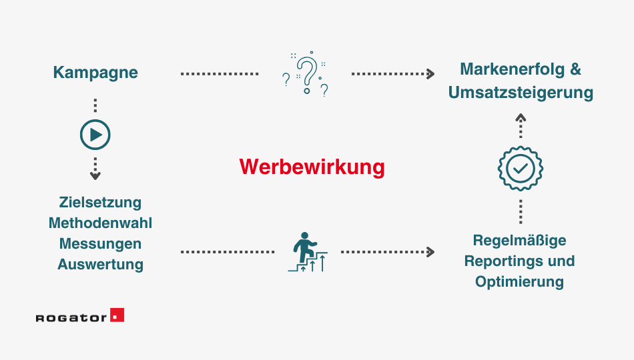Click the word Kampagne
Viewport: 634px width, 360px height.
(95, 73)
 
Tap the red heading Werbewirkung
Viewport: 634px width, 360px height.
(312, 167)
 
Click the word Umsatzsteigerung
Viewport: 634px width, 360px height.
(521, 92)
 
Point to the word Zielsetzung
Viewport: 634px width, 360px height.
(100, 202)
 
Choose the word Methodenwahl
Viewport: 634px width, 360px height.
(100, 223)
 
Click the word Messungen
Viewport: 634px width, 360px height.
(100, 243)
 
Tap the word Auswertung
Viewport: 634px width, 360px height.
(100, 264)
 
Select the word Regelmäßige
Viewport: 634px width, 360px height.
(519, 240)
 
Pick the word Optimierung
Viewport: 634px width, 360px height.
(519, 281)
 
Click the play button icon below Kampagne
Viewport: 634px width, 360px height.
(95, 135)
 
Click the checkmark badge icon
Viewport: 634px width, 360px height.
(521, 169)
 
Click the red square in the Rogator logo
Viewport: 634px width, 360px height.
(117, 315)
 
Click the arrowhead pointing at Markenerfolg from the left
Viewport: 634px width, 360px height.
(431, 73)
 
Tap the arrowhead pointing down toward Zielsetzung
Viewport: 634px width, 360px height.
(95, 176)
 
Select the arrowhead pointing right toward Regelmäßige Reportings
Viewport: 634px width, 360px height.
(431, 252)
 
